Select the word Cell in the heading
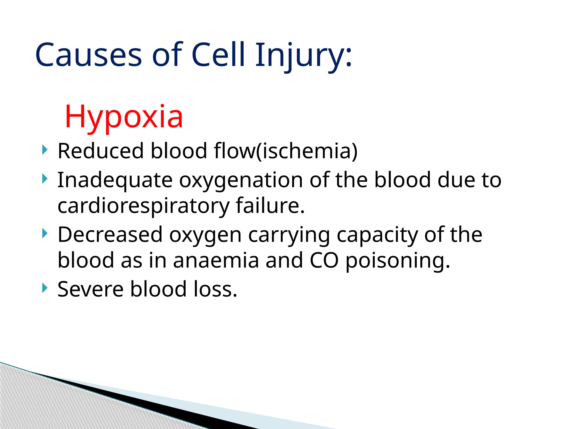coord(218,55)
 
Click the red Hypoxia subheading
coord(124,116)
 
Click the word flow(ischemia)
coord(285,151)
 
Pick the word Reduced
coord(101,151)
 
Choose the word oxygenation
coord(241,181)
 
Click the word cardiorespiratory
coord(143,206)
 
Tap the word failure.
coord(270,206)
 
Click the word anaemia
coord(216,261)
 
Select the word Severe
coord(90,289)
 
